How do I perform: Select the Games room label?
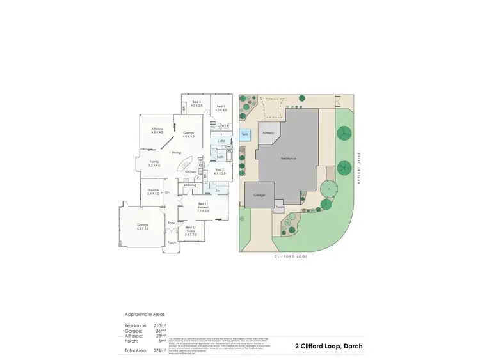[x=188, y=134]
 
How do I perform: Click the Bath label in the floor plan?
[x=220, y=157]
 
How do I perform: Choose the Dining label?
[x=176, y=153]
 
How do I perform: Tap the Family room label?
[x=154, y=164]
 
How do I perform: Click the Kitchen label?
[x=190, y=172]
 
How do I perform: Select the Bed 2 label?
[x=220, y=171]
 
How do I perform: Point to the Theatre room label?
[x=153, y=192]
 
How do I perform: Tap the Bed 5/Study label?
[x=191, y=231]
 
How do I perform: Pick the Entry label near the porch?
[x=171, y=223]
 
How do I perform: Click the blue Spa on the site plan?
[x=245, y=136]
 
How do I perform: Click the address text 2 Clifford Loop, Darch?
[x=328, y=346]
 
